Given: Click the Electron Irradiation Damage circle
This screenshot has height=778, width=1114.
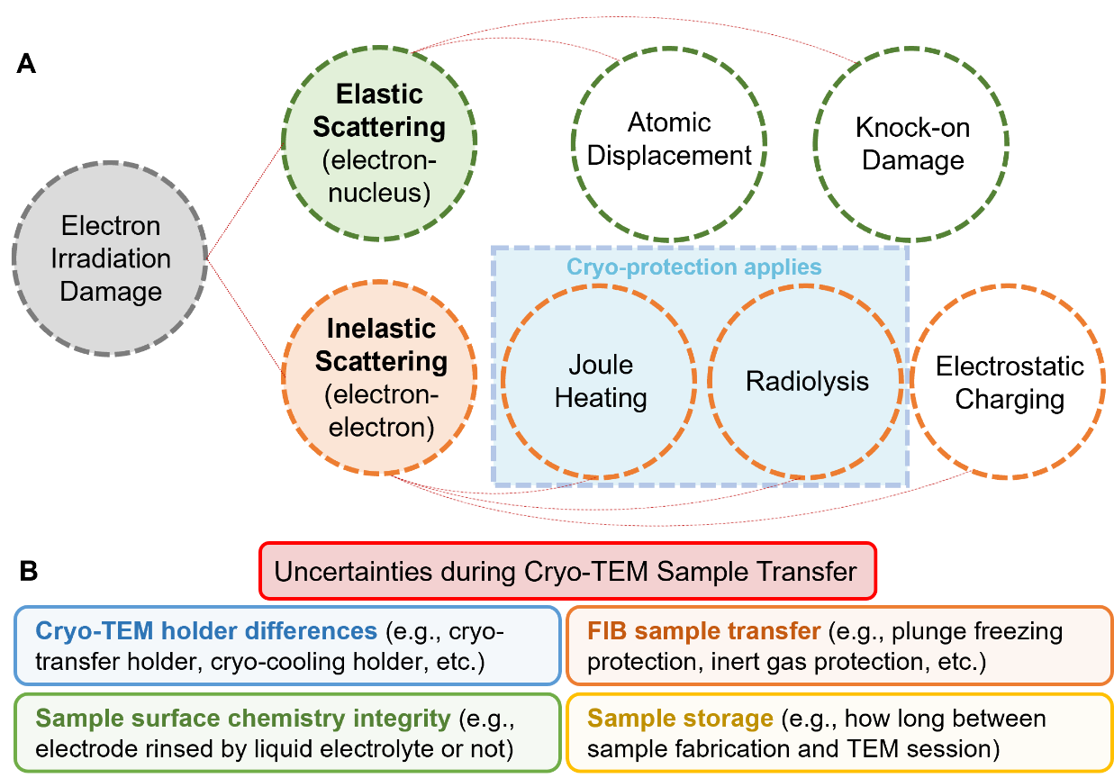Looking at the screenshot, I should coord(110,259).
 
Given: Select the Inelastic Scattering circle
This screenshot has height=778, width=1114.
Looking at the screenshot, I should coord(380,377).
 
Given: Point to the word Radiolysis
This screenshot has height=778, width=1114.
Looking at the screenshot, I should coord(807,381).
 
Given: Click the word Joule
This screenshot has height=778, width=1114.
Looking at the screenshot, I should coord(601,366).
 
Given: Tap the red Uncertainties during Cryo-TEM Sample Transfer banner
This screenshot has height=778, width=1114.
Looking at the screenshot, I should coord(566,571).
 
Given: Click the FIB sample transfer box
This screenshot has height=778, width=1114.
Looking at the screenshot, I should coord(839,646).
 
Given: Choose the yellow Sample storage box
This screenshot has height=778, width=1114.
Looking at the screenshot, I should coord(839,733).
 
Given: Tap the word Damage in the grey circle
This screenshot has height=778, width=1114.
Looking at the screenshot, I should coord(111,292).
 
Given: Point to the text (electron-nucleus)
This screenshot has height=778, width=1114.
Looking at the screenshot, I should coord(379,176).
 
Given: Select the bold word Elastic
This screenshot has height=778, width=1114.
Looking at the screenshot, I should coord(379,95).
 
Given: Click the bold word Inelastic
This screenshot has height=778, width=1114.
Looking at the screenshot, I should coord(382,329).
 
